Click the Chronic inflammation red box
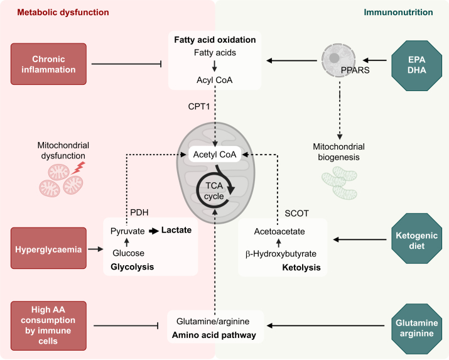coord(48,64)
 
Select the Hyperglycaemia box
coord(48,248)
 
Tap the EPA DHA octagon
coord(416,65)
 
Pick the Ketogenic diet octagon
coord(416,238)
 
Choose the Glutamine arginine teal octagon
coord(416,329)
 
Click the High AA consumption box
coord(48,325)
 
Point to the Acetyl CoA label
coord(215,155)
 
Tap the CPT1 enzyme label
coord(199,107)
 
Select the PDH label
coord(139,212)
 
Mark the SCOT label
coord(296,214)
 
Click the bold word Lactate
coord(176,230)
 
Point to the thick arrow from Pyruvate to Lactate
coord(154,231)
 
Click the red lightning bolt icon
coord(78,168)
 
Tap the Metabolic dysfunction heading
coord(63,13)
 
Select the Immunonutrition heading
coord(398,13)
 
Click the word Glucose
coord(128,253)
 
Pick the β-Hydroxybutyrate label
coord(281,254)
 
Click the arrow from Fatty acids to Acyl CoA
coord(215,65)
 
